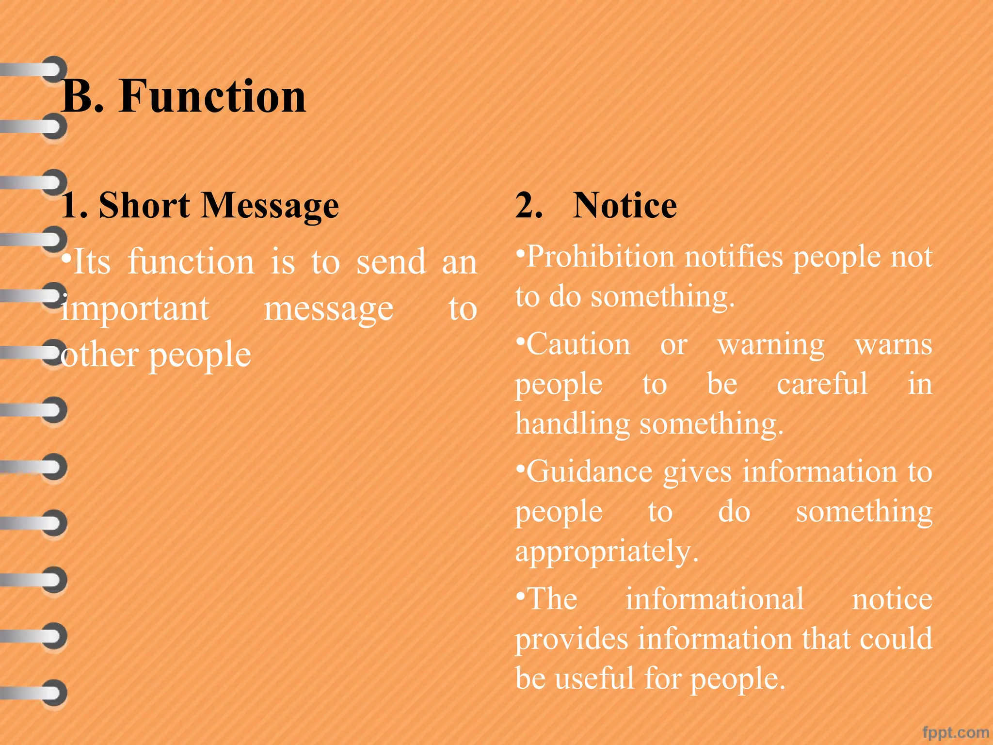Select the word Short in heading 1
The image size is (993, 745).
(x=144, y=206)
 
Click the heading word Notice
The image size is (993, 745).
(x=625, y=206)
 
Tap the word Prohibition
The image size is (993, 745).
(x=600, y=257)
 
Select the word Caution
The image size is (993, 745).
(x=578, y=345)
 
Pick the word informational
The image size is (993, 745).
(x=714, y=599)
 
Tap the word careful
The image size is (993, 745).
(x=822, y=384)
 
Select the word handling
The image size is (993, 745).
(x=572, y=424)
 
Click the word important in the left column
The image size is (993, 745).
(x=135, y=309)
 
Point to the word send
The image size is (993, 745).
(x=391, y=262)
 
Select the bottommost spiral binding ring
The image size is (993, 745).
(x=53, y=693)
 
